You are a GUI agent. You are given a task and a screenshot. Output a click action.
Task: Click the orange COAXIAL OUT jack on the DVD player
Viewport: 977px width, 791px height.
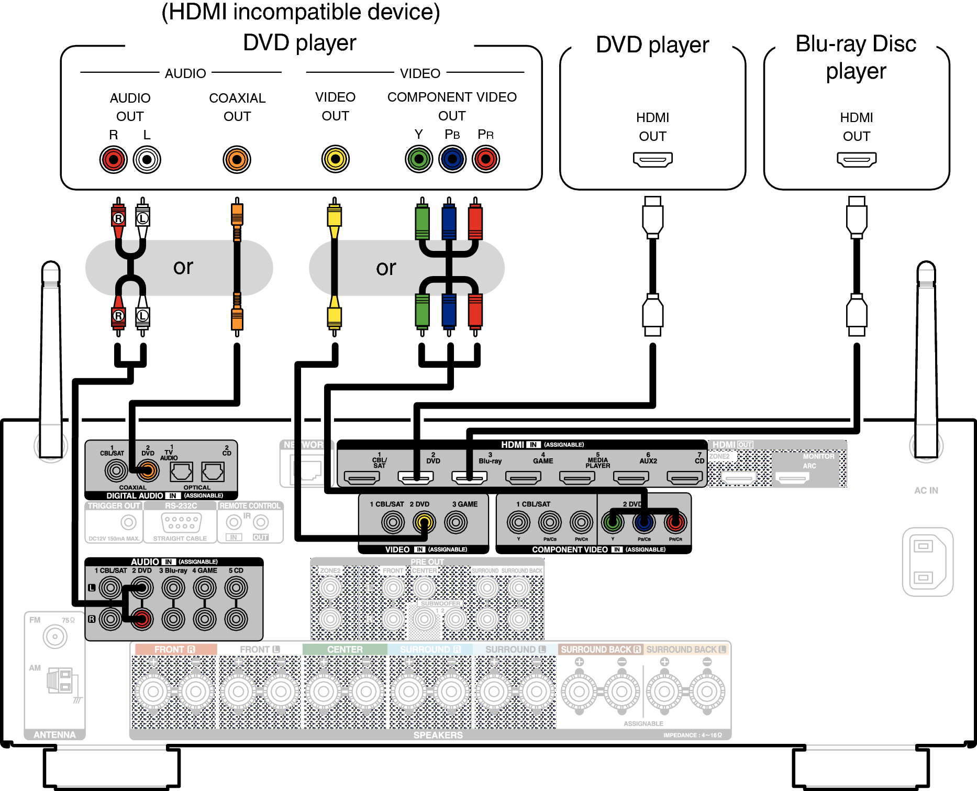(237, 159)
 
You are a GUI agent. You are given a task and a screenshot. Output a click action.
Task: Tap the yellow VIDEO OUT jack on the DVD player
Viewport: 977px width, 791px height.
(335, 159)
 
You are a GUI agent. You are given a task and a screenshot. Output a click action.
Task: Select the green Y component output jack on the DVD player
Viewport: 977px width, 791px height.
(419, 159)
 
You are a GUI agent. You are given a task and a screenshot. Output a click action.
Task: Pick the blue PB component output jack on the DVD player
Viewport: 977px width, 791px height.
(452, 159)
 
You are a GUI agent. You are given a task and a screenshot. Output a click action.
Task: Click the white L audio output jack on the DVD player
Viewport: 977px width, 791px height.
(147, 159)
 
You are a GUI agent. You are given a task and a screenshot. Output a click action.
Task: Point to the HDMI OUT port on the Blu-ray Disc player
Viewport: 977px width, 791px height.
(856, 159)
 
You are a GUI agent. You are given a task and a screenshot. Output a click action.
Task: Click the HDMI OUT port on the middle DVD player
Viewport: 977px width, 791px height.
(652, 159)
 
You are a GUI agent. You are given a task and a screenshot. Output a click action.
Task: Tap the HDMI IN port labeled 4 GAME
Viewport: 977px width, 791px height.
(523, 477)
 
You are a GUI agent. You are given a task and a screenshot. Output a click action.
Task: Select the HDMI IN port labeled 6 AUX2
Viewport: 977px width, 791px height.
(631, 477)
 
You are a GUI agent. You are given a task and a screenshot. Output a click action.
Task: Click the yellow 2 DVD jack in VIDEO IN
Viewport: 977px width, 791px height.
(424, 522)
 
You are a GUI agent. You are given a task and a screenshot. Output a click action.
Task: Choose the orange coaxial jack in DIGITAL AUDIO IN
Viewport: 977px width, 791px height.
(148, 471)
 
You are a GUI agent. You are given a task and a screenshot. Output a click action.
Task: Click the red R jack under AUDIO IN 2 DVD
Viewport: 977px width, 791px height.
(141, 619)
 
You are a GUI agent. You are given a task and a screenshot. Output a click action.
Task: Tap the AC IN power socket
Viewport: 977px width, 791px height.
(927, 562)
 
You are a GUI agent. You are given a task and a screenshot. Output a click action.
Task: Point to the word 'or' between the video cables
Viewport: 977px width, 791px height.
(386, 268)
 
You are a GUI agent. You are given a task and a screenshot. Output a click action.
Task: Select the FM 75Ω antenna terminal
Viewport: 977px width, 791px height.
(55, 637)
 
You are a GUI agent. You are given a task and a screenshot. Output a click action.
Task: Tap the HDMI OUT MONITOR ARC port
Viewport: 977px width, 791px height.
(792, 478)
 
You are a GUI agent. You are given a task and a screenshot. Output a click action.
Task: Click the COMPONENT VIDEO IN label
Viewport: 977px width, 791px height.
(570, 550)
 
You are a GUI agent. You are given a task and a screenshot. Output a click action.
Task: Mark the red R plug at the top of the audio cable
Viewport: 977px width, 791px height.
(118, 218)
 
